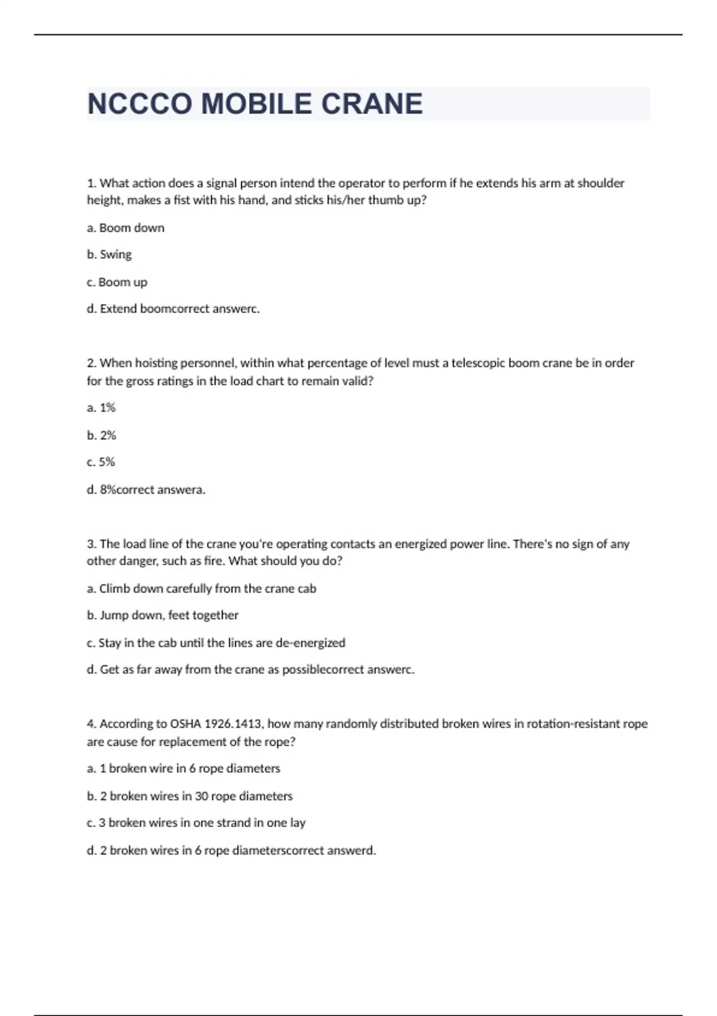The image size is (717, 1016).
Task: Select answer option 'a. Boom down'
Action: (125, 228)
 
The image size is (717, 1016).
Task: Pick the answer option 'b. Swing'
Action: (109, 255)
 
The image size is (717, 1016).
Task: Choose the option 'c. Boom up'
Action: (117, 282)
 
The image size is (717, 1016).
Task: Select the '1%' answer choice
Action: (102, 408)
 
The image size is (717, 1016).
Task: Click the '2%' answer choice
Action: (102, 435)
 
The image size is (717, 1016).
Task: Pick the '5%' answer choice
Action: (101, 462)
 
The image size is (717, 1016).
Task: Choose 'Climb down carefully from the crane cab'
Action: (201, 589)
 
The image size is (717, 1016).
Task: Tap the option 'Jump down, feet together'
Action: (163, 615)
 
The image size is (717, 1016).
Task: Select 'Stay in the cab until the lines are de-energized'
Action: (216, 643)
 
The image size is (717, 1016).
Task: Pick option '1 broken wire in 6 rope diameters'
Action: (183, 769)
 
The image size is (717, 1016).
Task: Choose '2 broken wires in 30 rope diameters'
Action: (190, 796)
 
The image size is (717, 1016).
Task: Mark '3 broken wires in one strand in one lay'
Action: (196, 823)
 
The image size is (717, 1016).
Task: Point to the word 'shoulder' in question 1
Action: (600, 183)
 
